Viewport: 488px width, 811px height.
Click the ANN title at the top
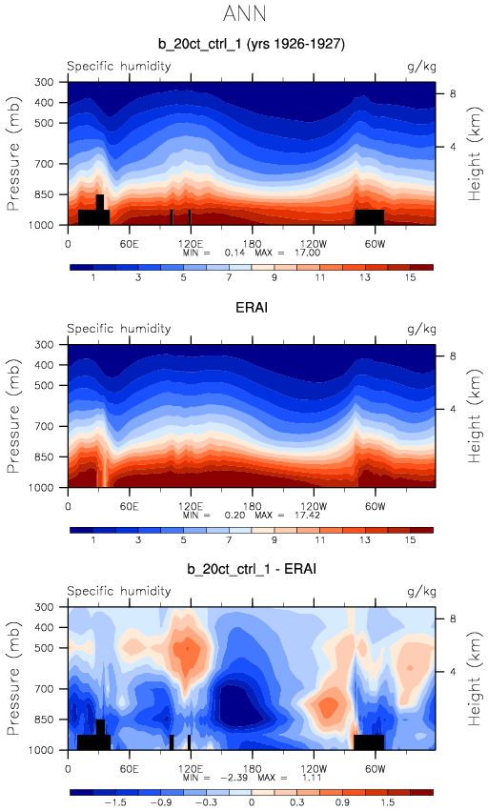pos(245,13)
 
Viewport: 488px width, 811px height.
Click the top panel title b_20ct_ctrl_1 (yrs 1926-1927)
pos(252,44)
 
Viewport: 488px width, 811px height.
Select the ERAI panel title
pos(252,307)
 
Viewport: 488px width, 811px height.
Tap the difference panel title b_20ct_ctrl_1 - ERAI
pos(252,569)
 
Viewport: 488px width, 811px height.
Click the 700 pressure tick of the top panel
pos(44,164)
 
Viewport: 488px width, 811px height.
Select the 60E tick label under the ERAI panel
pos(129,506)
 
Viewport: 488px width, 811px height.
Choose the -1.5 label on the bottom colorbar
pos(116,802)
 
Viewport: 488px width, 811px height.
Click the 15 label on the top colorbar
pos(411,277)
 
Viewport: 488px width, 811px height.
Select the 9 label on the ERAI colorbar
pos(274,540)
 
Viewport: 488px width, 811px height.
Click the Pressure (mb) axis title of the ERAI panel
pos(13,416)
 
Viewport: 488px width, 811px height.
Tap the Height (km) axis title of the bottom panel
pos(475,679)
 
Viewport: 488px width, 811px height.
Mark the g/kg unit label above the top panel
pos(422,67)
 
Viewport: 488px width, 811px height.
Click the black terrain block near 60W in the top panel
pos(370,217)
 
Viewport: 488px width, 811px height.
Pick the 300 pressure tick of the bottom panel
pos(44,607)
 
